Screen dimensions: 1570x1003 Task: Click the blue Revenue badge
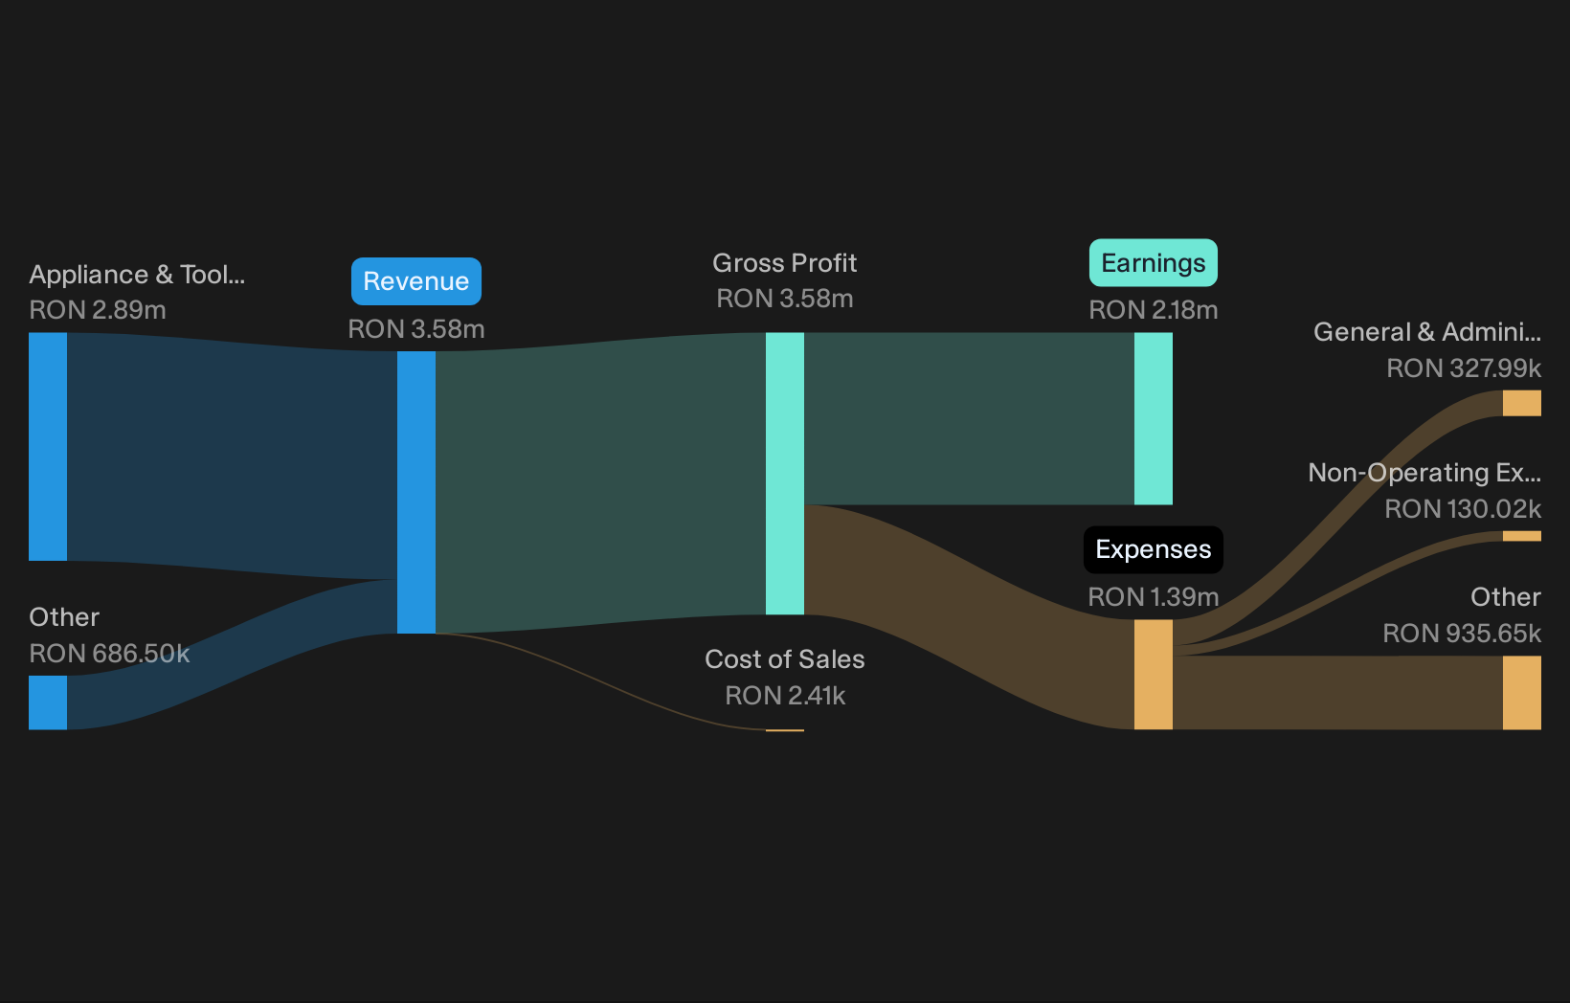(416, 281)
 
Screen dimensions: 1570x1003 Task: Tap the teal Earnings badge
(1153, 263)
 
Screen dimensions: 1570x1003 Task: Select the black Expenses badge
(1153, 549)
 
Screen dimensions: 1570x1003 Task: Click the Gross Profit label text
(784, 263)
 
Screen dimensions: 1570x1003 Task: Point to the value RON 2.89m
(98, 310)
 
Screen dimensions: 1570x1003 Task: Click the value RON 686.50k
(109, 654)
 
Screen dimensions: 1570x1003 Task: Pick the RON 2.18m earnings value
(1153, 310)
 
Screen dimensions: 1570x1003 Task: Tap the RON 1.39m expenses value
(1153, 597)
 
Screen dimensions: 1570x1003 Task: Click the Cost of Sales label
(784, 658)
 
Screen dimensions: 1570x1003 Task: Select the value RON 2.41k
(785, 695)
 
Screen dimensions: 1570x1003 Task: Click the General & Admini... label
(1427, 331)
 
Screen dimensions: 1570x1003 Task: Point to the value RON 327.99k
(1464, 368)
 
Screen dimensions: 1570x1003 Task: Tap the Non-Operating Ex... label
(1424, 473)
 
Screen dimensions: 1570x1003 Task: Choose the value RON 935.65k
(1462, 634)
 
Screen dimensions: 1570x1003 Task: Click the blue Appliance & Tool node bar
(48, 447)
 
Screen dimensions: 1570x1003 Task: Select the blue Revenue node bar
(416, 492)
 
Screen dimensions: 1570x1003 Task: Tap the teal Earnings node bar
(1153, 418)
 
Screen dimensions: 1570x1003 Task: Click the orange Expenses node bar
(1153, 675)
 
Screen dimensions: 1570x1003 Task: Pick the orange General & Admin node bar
(1521, 403)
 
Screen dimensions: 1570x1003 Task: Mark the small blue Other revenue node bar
(48, 702)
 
